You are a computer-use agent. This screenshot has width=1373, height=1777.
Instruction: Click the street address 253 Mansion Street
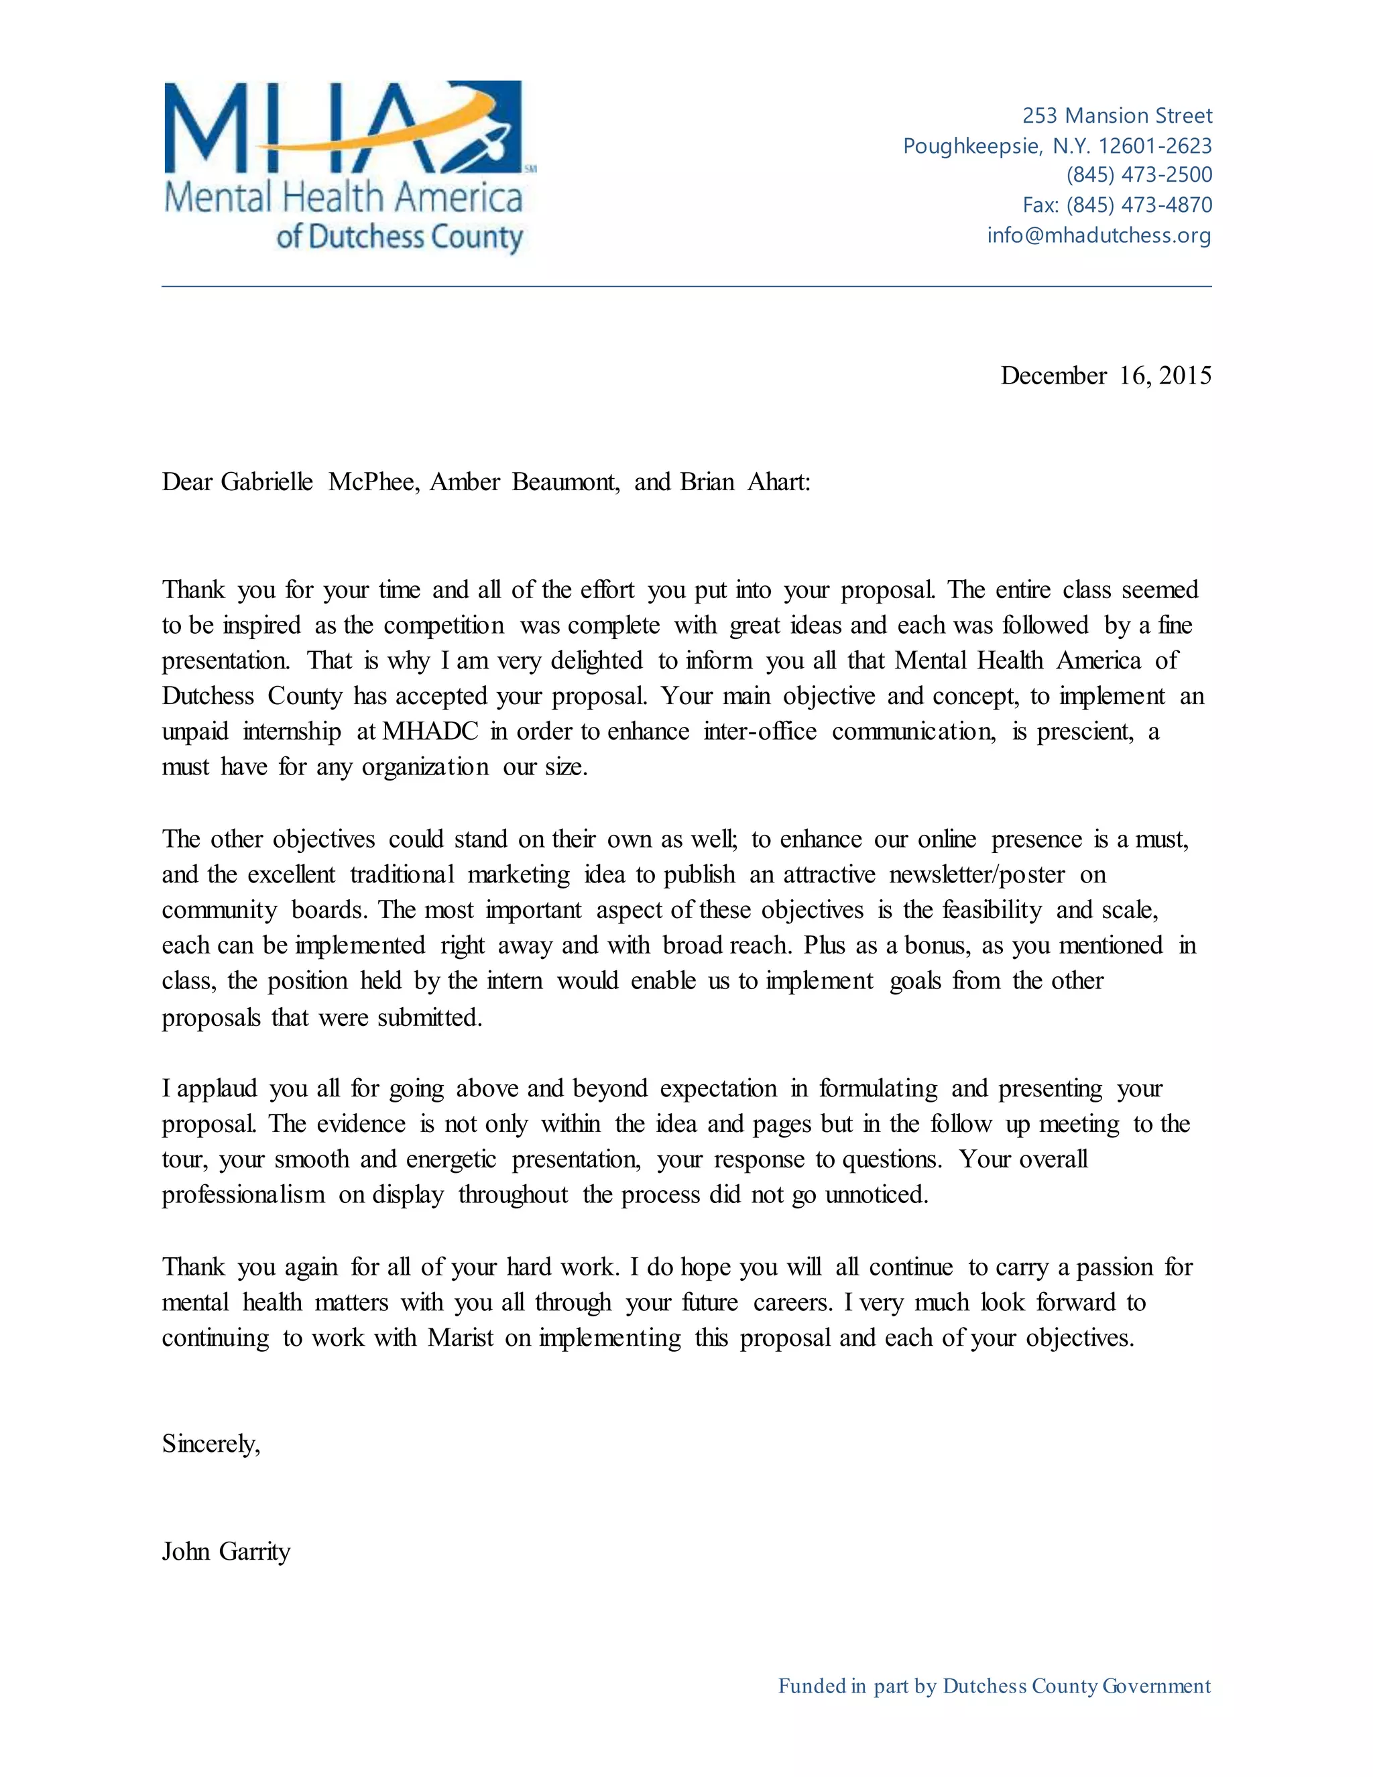(x=1117, y=115)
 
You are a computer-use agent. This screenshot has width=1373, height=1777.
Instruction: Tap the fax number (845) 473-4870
(x=1139, y=205)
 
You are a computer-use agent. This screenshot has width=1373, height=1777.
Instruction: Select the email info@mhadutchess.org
(x=1099, y=235)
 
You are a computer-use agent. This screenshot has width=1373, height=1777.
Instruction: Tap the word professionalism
(x=243, y=1194)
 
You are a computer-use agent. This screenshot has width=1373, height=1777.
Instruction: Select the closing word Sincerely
(x=211, y=1444)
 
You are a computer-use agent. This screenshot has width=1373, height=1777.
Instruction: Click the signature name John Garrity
(x=226, y=1551)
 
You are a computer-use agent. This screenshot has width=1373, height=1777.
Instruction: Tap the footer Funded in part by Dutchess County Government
(x=994, y=1686)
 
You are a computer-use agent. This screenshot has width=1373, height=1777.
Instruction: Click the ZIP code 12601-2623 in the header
(x=1155, y=146)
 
